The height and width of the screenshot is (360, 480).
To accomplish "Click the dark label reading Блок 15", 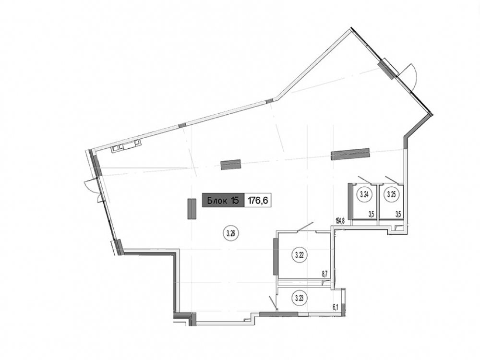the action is point(223,201).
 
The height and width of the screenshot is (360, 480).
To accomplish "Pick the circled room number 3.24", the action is point(364,194).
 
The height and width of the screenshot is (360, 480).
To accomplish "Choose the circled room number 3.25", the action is point(391,194).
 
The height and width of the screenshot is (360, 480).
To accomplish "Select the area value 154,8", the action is point(340,220).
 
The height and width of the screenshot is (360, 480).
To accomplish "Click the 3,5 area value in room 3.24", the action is point(372,214).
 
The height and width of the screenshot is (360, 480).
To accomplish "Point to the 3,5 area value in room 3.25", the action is point(398,214).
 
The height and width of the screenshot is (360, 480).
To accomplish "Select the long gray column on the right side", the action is point(350,154).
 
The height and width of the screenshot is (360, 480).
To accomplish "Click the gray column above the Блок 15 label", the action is point(230,164).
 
